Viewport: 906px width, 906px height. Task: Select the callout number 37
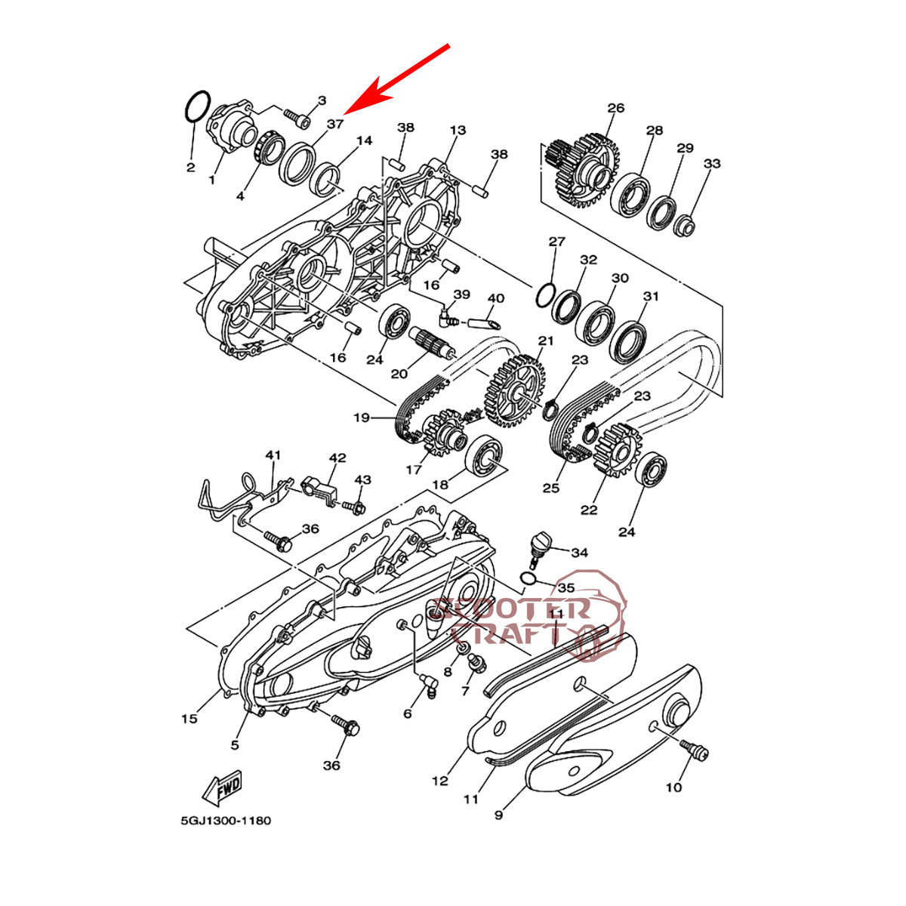335,123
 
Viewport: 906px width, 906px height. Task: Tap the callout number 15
189,718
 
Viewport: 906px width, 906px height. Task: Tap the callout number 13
458,130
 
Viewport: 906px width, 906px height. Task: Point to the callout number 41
273,455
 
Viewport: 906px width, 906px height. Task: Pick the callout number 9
498,815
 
